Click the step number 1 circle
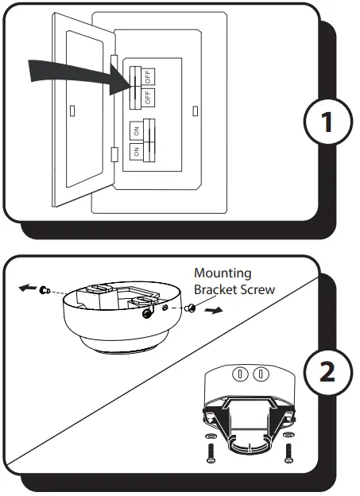326,124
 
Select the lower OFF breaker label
148,98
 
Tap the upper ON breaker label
137,128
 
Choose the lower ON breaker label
137,149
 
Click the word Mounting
223,273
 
